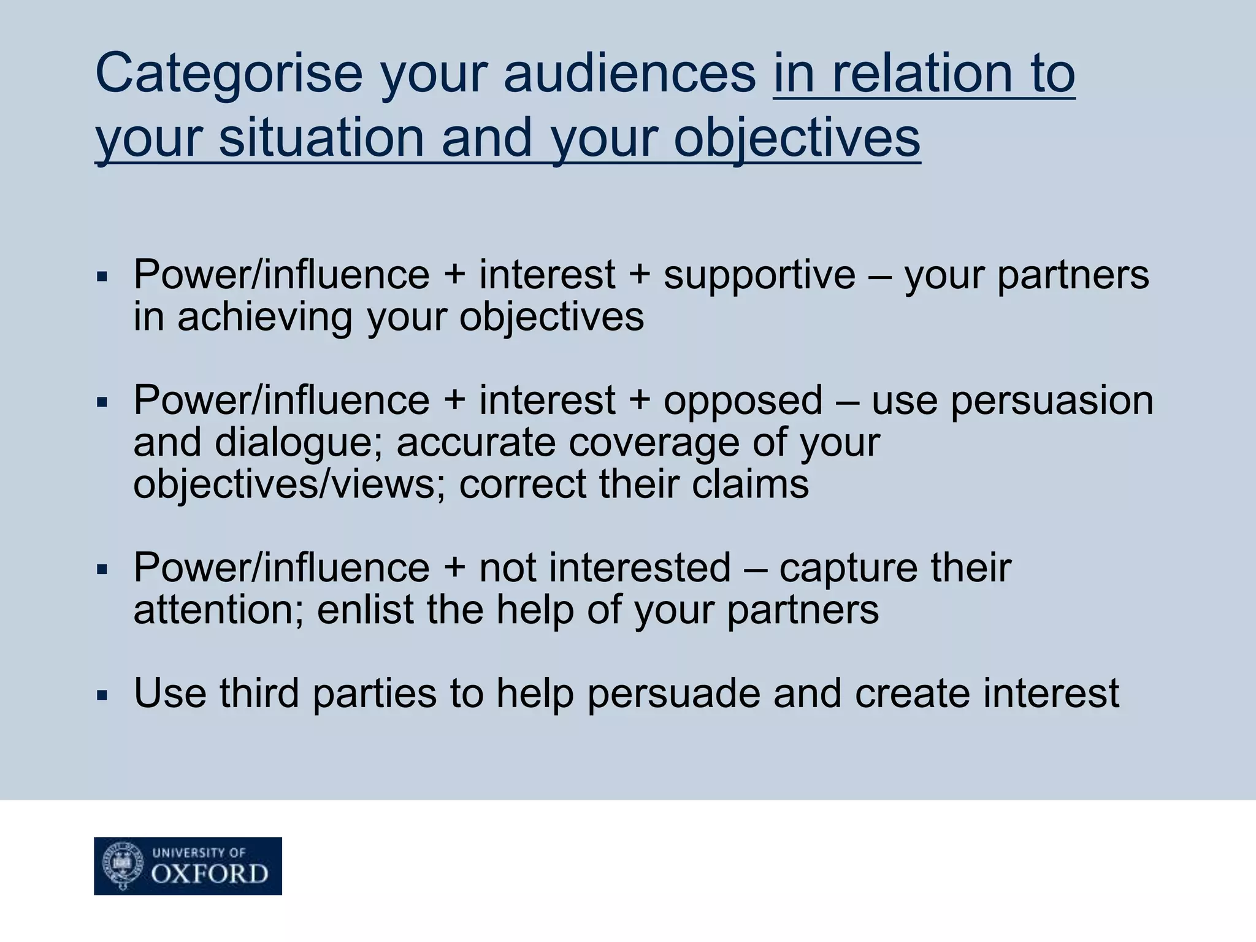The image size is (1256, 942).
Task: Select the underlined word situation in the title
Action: (x=321, y=137)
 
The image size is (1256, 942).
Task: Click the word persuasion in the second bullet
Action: (x=1052, y=401)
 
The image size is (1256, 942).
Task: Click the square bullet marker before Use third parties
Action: (x=102, y=696)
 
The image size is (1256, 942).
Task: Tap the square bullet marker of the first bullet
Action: (x=102, y=277)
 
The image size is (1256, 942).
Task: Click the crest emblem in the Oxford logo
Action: (x=123, y=865)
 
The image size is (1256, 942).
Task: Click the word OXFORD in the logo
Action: (x=210, y=874)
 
